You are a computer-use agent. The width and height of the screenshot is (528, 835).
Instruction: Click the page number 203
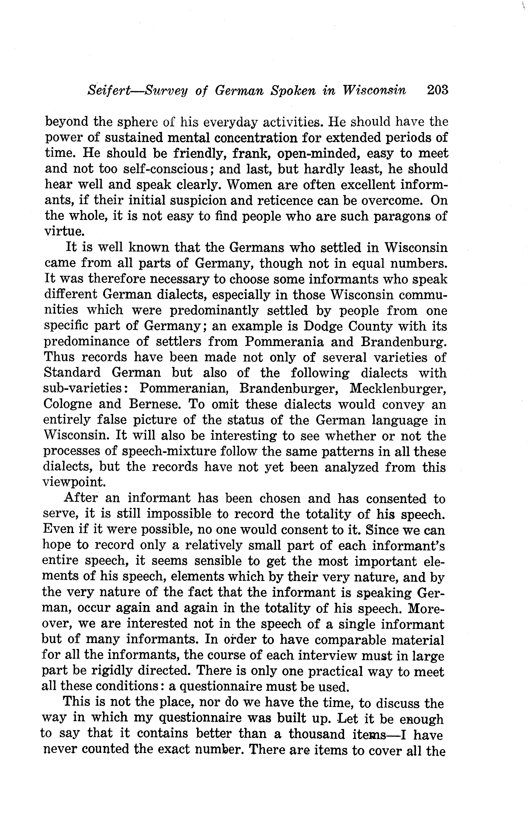click(438, 90)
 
